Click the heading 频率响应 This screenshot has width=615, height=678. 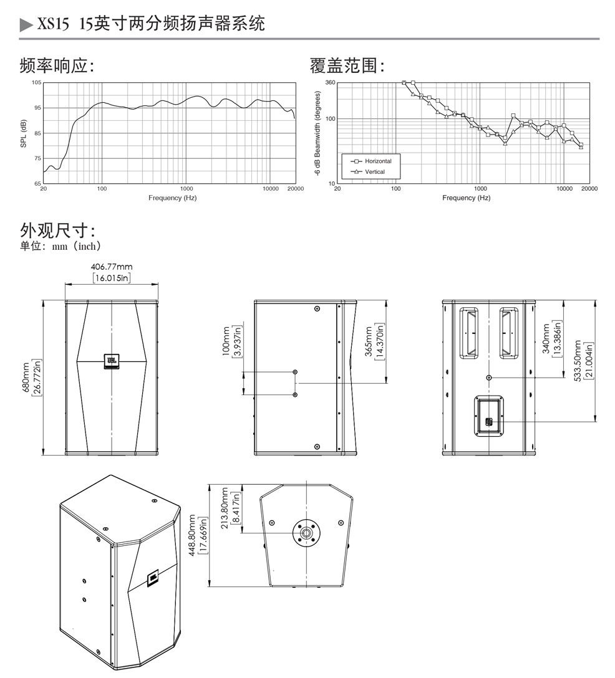[x=56, y=65]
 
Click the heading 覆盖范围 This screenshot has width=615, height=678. [x=347, y=65]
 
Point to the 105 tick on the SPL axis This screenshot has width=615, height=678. [x=36, y=82]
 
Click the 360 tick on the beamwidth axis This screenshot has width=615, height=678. [x=331, y=82]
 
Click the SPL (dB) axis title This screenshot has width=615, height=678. [x=24, y=133]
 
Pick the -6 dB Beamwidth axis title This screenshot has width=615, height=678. [x=318, y=133]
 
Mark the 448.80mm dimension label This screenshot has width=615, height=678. [x=196, y=535]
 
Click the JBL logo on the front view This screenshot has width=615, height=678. [x=112, y=361]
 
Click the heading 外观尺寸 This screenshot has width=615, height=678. [x=57, y=231]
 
